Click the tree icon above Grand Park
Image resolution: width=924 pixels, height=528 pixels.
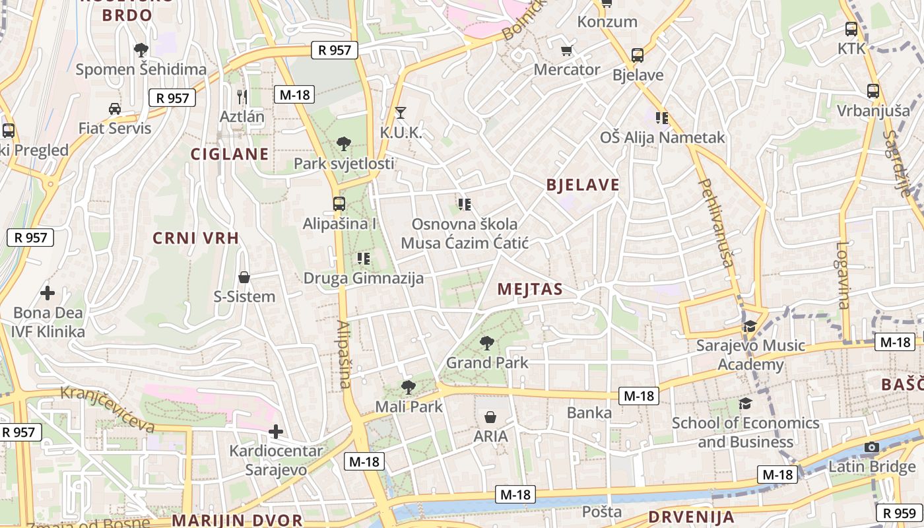pyautogui.click(x=487, y=343)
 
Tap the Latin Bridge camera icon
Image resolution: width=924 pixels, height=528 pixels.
pyautogui.click(x=872, y=447)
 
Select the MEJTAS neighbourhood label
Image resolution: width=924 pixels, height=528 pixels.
pyautogui.click(x=530, y=289)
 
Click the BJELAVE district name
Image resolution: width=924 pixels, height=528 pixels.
pyautogui.click(x=583, y=185)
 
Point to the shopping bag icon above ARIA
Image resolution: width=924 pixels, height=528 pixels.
pyautogui.click(x=490, y=417)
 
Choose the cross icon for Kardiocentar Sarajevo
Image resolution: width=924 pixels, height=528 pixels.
pyautogui.click(x=276, y=432)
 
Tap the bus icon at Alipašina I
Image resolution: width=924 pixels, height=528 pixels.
pyautogui.click(x=339, y=203)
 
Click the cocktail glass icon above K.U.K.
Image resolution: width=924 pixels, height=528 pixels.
pyautogui.click(x=400, y=113)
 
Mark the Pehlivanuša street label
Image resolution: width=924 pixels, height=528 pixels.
pyautogui.click(x=715, y=222)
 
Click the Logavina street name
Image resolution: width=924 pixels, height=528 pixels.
pyautogui.click(x=843, y=275)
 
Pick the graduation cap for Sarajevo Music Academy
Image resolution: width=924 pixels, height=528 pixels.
pyautogui.click(x=750, y=326)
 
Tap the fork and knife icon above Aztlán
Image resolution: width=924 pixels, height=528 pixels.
pyautogui.click(x=242, y=97)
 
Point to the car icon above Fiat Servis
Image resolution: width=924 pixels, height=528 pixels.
pyautogui.click(x=115, y=108)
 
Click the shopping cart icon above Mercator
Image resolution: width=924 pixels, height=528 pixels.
pyautogui.click(x=566, y=50)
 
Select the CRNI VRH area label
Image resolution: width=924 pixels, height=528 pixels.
pyautogui.click(x=195, y=238)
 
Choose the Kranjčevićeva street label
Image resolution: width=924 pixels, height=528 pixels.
pyautogui.click(x=108, y=409)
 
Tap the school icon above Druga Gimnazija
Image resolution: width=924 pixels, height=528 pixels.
pyautogui.click(x=363, y=258)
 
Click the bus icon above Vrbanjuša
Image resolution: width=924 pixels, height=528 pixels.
pyautogui.click(x=873, y=90)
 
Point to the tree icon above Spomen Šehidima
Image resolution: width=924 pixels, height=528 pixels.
pyautogui.click(x=141, y=49)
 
